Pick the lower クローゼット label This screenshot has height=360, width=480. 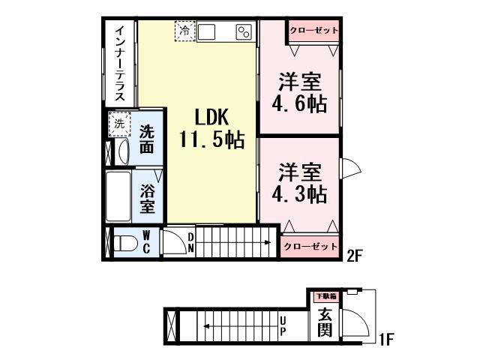click(310, 247)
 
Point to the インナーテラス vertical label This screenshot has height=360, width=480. click(119, 64)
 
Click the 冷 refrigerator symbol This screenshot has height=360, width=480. click(184, 31)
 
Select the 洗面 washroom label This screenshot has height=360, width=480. click(148, 138)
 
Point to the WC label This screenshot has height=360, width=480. click(146, 242)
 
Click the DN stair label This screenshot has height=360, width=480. click(191, 242)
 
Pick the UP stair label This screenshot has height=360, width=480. click(283, 324)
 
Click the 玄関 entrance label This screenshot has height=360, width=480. click(324, 323)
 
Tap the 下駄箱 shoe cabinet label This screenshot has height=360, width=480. click(325, 296)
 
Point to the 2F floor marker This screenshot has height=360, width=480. click(355, 253)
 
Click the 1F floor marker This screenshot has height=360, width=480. click(385, 342)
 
